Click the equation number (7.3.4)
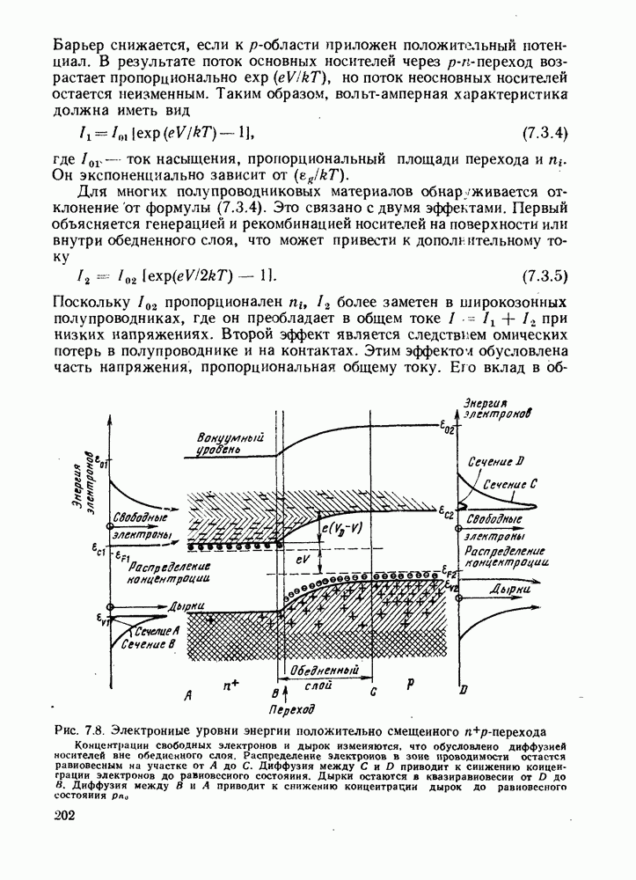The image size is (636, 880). click(545, 134)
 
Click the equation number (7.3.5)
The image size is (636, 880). click(545, 275)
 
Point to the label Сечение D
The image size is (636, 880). click(496, 461)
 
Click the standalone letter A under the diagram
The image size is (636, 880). click(187, 696)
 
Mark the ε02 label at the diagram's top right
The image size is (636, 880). click(449, 430)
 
